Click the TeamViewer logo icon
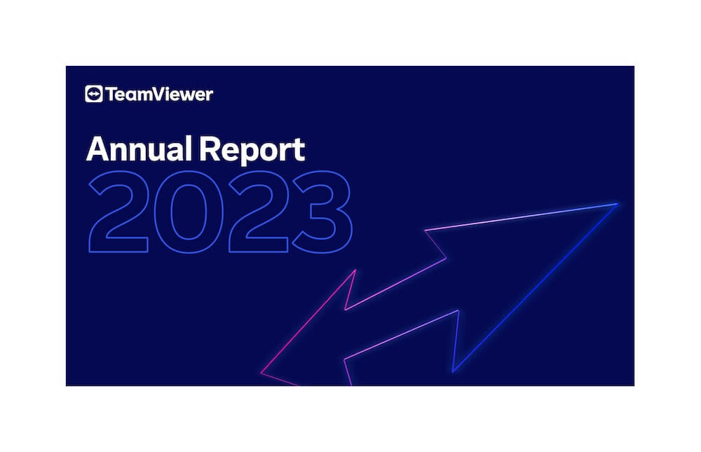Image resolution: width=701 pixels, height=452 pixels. coord(93,94)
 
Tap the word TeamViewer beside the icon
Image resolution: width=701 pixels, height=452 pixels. coord(159,95)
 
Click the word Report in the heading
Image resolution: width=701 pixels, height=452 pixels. coord(252,151)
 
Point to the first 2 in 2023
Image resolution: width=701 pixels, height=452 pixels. coord(119,212)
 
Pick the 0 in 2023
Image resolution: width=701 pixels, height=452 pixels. coord(189,212)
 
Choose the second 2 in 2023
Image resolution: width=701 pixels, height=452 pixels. coord(259,212)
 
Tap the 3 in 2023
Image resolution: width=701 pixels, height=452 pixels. coord(322,212)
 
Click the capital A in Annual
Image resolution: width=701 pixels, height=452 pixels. coord(98,149)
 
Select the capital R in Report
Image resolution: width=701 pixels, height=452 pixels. coord(209,149)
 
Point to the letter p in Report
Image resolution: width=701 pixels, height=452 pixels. coord(250,154)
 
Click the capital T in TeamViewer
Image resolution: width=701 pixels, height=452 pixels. coord(111,95)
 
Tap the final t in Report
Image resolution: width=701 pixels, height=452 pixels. coord(299,151)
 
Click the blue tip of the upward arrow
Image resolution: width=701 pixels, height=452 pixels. coord(618,204)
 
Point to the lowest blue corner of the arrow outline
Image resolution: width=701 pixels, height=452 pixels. coord(453,371)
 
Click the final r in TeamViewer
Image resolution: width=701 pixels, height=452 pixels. coord(209,96)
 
